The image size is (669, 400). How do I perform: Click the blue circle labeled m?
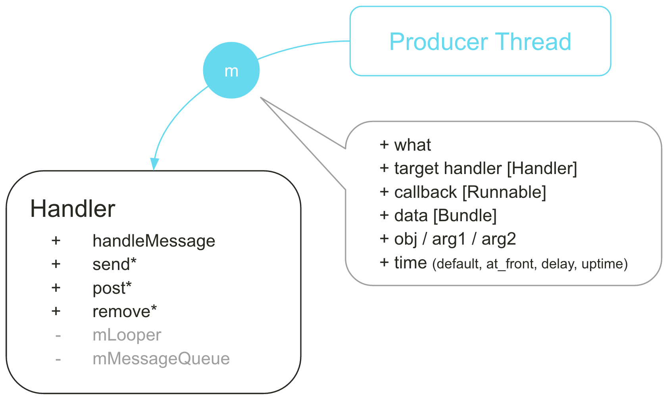click(231, 71)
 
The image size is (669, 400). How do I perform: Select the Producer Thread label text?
click(480, 42)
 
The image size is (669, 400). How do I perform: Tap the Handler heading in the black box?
click(73, 209)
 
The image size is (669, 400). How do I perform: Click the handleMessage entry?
click(154, 241)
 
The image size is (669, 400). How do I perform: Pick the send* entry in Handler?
click(114, 264)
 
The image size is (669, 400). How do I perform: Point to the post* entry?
click(112, 288)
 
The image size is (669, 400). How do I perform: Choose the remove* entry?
click(125, 312)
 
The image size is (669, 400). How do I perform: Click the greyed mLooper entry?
click(127, 335)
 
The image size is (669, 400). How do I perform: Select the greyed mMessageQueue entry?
click(161, 358)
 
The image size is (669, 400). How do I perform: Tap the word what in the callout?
click(412, 145)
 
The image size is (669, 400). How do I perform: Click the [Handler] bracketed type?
click(542, 168)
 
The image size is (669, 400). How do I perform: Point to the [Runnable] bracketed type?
click(504, 192)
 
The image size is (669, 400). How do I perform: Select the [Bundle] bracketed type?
click(465, 215)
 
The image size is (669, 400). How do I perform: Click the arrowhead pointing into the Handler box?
click(154, 164)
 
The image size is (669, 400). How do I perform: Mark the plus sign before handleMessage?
click(56, 240)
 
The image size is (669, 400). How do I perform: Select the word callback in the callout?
click(426, 192)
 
